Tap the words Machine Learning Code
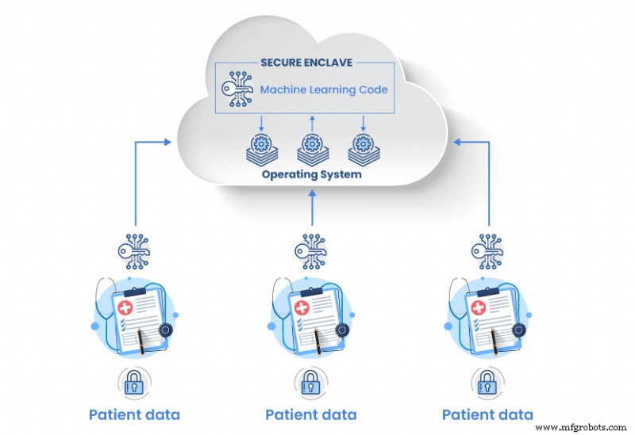click(x=325, y=90)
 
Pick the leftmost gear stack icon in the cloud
click(x=262, y=147)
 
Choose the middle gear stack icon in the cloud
click(x=311, y=147)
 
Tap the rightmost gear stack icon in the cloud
click(x=361, y=147)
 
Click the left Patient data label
click(x=134, y=414)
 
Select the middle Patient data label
click(x=311, y=414)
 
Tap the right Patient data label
click(x=487, y=414)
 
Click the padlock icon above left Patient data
click(x=134, y=382)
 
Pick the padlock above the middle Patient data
click(x=311, y=382)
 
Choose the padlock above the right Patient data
click(x=487, y=382)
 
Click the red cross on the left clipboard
click(x=125, y=307)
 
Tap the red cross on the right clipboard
click(x=479, y=307)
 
